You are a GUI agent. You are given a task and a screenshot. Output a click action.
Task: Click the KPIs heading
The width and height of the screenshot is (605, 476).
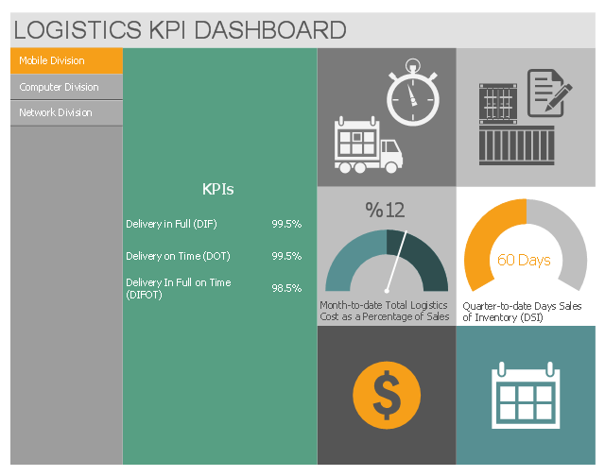218,189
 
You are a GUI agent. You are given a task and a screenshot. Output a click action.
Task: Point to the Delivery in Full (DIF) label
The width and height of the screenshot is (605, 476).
172,224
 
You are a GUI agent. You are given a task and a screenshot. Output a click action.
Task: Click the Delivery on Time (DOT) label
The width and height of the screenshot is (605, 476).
178,256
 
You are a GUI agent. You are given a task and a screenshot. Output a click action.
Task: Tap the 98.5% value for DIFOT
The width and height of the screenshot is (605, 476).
286,288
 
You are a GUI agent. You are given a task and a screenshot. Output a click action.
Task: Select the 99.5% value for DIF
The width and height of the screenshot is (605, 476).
286,224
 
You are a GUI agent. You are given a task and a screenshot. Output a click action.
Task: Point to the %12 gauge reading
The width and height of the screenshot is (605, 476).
386,211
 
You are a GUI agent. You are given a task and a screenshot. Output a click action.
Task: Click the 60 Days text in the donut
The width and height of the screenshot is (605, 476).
524,260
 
